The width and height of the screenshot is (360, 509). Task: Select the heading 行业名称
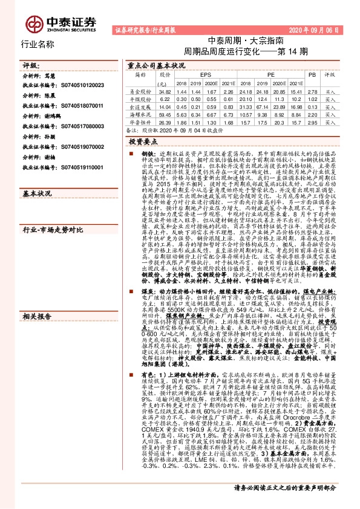pos(38,44)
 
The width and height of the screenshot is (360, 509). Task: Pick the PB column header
pos(312,75)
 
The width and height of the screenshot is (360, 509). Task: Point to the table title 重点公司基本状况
pos(156,64)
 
